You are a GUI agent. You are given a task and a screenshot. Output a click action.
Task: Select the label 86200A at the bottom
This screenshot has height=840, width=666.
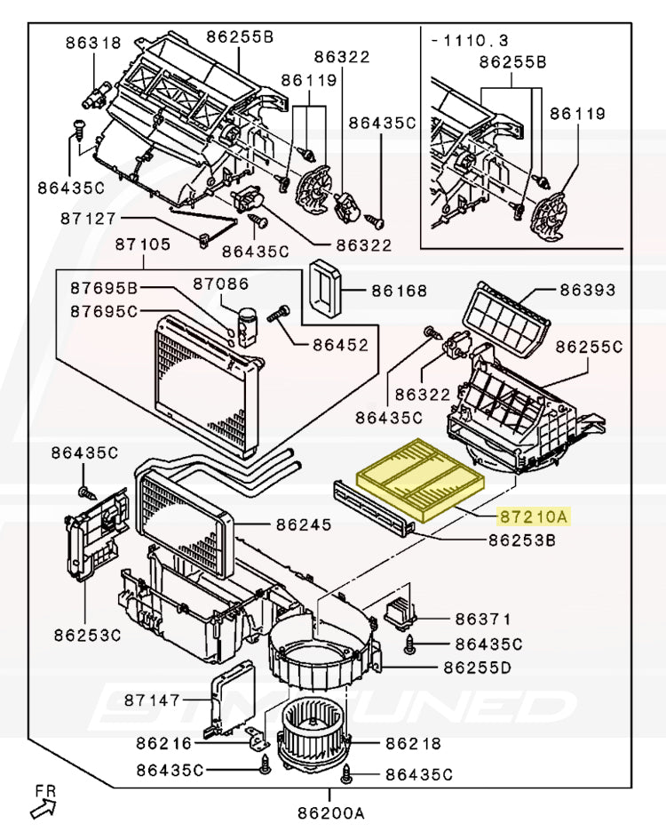pos(331,812)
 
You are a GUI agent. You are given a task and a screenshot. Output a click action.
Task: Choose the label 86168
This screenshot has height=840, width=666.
pos(399,291)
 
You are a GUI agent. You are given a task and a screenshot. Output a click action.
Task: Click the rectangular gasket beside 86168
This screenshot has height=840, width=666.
pos(325,288)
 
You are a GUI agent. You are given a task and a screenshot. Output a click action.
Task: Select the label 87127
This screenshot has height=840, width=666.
pos(89,218)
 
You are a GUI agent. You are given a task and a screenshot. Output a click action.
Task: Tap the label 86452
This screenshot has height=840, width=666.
pos(340,344)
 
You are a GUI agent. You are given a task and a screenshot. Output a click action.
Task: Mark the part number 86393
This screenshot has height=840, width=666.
pos(586,291)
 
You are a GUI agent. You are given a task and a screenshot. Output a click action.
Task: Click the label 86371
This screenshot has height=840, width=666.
pos(484,619)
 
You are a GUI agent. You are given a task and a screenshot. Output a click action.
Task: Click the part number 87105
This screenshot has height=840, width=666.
pos(143,244)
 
